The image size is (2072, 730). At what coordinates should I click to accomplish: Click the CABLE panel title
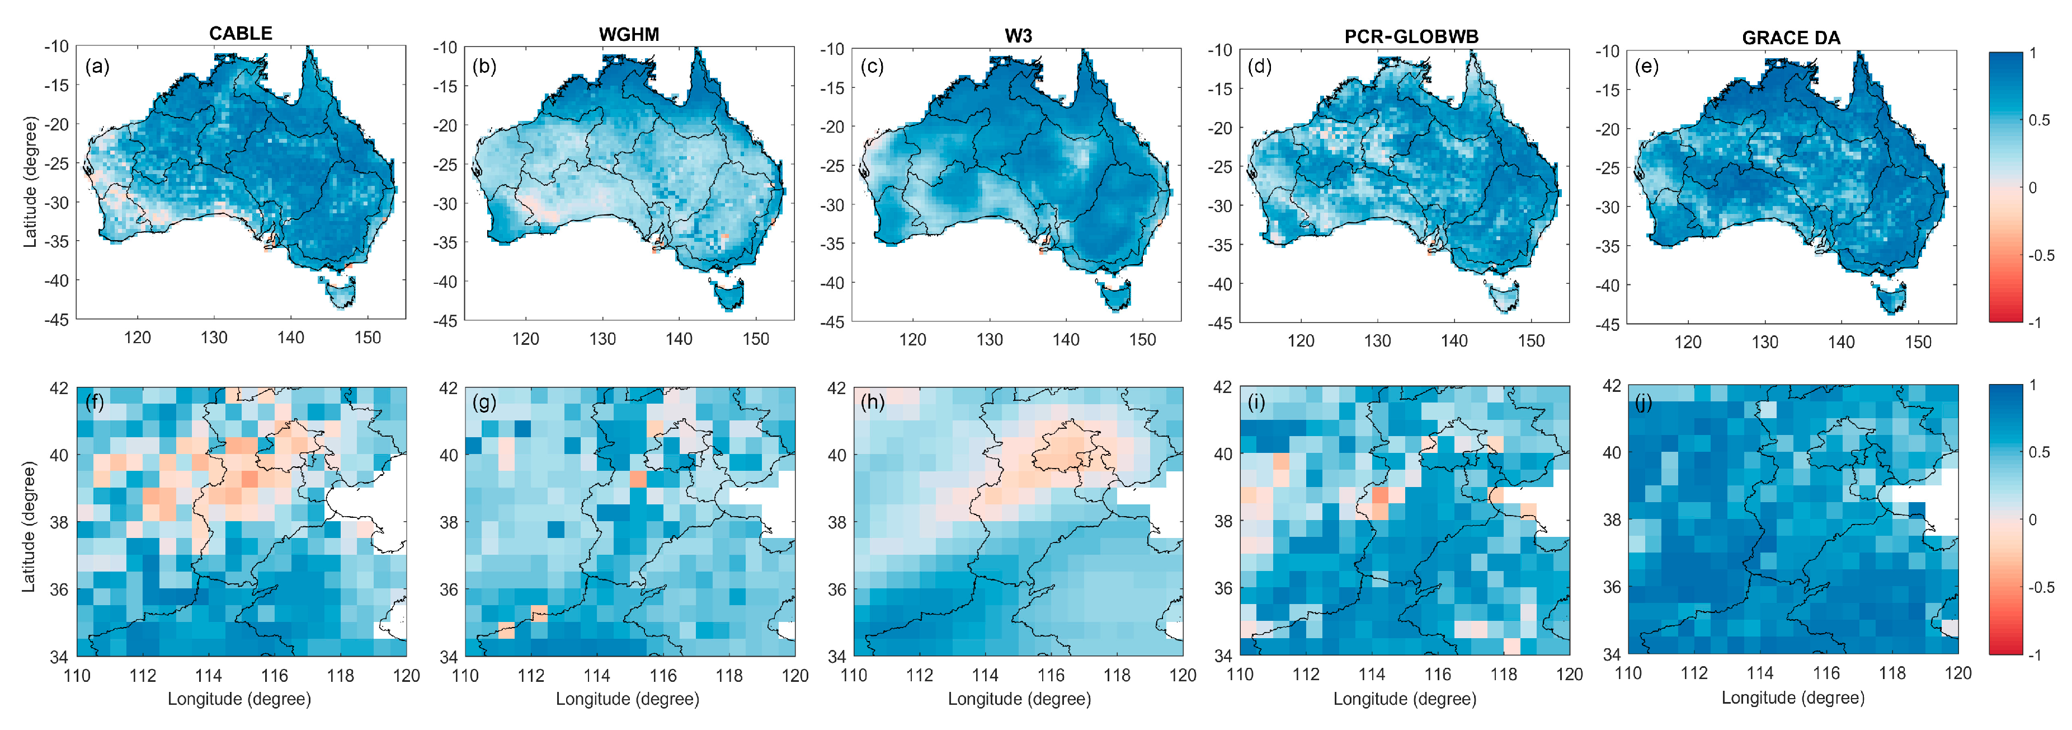pos(241,33)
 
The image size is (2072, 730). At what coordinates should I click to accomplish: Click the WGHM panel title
pos(629,35)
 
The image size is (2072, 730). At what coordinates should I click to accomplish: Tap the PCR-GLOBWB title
pos(1411,36)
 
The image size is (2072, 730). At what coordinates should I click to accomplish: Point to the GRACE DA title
pos(1791,38)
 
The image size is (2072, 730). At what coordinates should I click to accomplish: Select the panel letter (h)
pos(872,401)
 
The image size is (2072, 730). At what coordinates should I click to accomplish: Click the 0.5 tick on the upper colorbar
pos(2039,120)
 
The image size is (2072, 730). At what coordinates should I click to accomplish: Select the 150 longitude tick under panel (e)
pos(1918,342)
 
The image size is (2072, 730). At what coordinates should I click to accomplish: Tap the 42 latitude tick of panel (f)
pos(59,388)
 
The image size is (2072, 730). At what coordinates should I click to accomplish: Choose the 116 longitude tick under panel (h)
pos(1051,675)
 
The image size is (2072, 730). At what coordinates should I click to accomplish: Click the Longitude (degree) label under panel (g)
pos(628,699)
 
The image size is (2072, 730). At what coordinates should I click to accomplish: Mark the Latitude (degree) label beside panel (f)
pos(29,526)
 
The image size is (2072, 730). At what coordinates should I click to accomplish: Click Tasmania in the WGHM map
pos(731,296)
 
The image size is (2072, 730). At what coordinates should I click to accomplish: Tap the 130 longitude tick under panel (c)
pos(990,340)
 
